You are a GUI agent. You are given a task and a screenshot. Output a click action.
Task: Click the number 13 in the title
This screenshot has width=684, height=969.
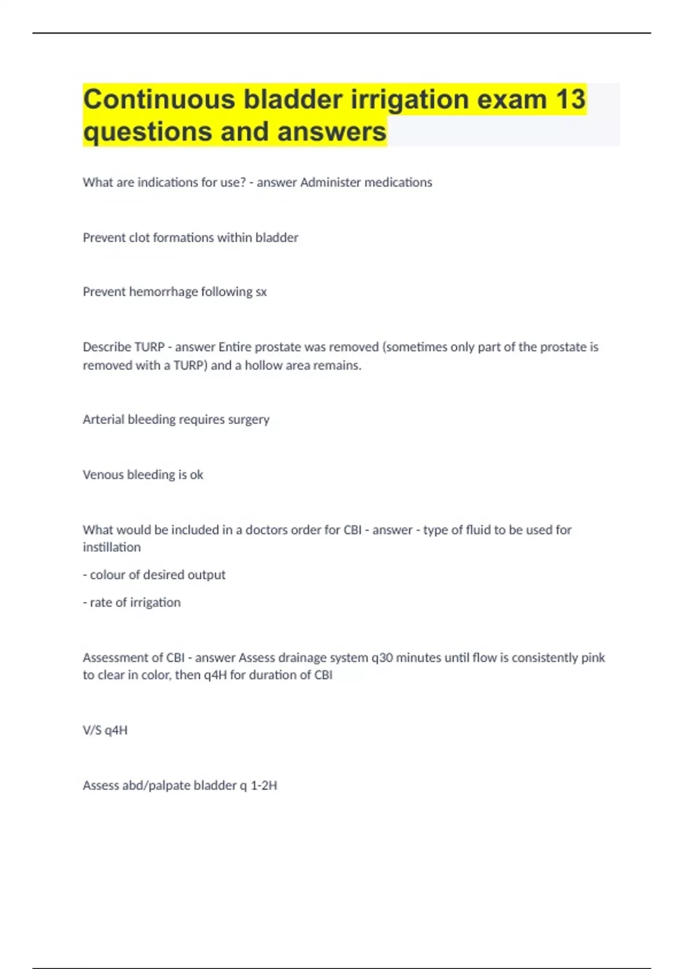click(570, 99)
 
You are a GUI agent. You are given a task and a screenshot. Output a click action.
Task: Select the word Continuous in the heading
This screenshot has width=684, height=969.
click(159, 99)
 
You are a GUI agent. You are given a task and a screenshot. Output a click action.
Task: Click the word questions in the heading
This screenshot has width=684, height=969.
click(148, 132)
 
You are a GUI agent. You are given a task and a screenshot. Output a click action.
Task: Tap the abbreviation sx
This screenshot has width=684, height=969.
click(260, 292)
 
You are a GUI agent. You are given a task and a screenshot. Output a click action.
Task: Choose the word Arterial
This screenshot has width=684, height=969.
click(103, 420)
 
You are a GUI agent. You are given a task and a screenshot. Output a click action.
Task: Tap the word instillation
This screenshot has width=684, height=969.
click(112, 547)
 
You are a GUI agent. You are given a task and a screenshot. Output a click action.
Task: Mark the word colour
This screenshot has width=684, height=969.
click(107, 575)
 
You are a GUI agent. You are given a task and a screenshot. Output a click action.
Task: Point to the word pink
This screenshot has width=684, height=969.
click(593, 658)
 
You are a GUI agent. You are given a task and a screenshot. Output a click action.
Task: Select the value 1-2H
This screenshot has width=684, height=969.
click(264, 785)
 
